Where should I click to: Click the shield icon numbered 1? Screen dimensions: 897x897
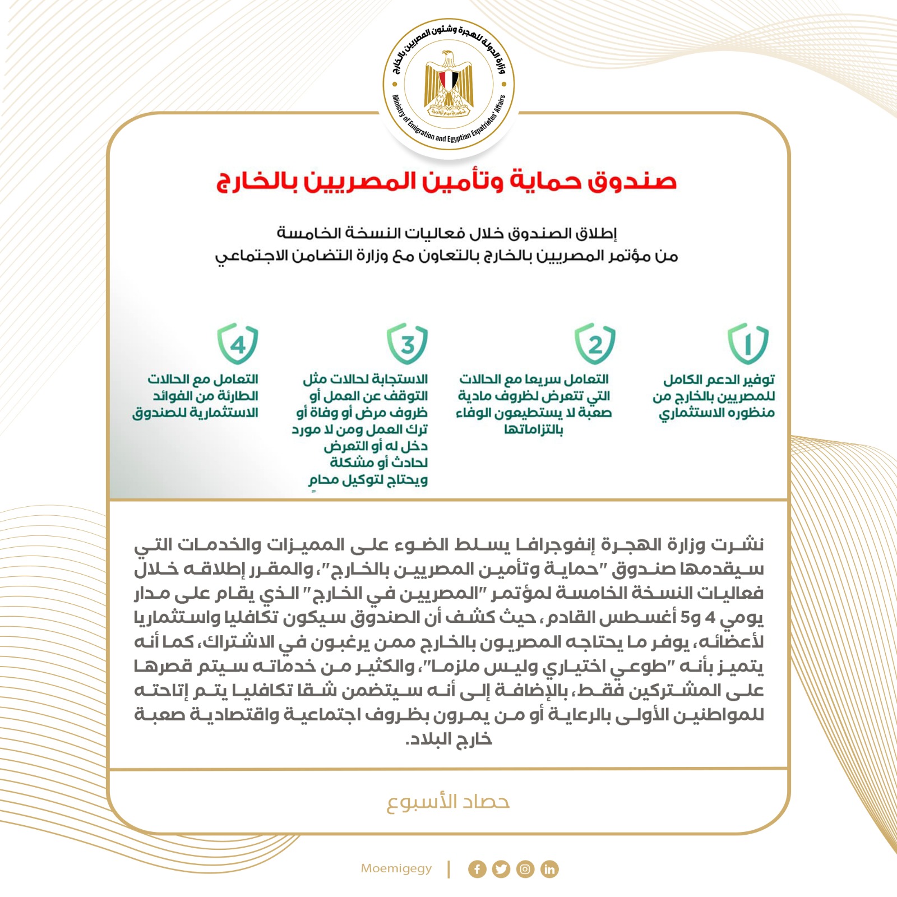point(748,343)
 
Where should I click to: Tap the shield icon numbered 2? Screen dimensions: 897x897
point(595,343)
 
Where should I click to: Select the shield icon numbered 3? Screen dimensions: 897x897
point(408,343)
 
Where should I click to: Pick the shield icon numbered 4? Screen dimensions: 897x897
point(238,343)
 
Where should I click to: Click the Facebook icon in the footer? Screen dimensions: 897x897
point(477,869)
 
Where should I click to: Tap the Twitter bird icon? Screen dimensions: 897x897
point(501,869)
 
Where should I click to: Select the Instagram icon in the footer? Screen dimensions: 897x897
point(525,869)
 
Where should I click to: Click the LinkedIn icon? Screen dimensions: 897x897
point(549,869)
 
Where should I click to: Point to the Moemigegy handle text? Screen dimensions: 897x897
point(396,868)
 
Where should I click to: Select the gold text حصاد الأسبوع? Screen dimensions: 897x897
point(448,802)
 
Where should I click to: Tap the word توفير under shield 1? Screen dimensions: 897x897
point(758,380)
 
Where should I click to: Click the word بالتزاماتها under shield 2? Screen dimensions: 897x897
point(533,430)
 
